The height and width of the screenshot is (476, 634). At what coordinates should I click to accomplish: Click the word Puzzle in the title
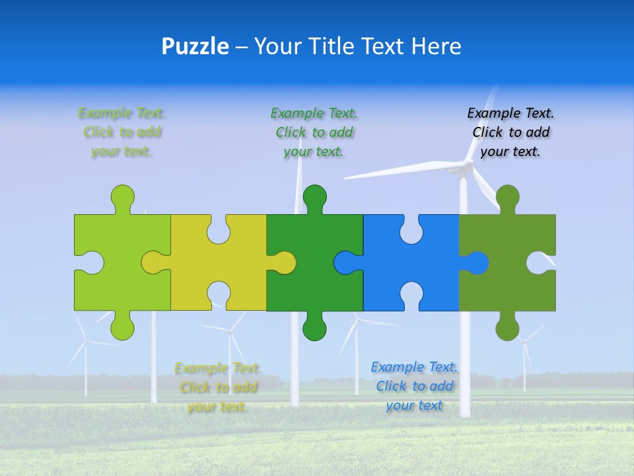click(x=195, y=46)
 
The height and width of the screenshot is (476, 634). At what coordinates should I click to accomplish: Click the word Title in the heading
click(x=331, y=46)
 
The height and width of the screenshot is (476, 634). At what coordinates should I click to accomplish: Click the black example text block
click(x=511, y=132)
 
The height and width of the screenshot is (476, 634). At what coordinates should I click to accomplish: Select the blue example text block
click(x=414, y=386)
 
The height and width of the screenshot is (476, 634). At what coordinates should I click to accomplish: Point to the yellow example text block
click(x=218, y=387)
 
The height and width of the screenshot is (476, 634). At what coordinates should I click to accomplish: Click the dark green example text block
click(x=314, y=132)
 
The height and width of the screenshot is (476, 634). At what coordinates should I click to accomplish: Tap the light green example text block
click(x=122, y=132)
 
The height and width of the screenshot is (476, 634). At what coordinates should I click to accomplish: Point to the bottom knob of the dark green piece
click(x=314, y=328)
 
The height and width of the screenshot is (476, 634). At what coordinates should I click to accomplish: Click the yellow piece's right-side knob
click(x=284, y=262)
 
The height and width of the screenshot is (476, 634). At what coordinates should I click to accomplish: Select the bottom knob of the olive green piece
click(x=507, y=328)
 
